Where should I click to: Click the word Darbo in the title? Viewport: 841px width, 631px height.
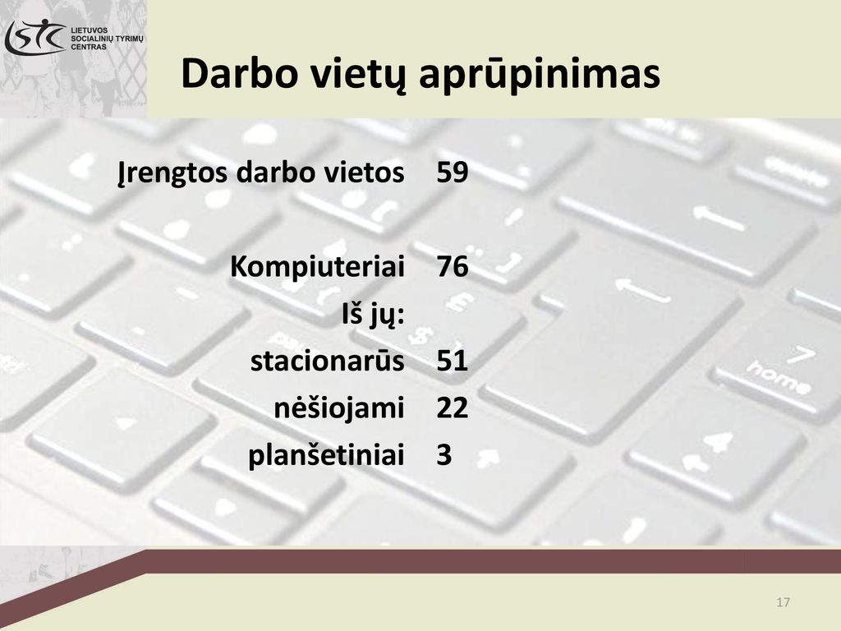pos(239,73)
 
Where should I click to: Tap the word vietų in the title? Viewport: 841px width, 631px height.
pos(357,75)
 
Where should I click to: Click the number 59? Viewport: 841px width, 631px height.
pos(453,173)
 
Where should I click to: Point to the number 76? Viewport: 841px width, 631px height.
pos(453,267)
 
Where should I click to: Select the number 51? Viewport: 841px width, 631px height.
pos(453,361)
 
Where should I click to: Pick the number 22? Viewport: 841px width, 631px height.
pos(453,408)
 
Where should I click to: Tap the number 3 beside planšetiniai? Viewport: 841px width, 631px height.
pos(444,455)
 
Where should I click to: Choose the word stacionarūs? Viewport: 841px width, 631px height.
pos(327,360)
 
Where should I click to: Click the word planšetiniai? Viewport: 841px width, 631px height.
pos(326,456)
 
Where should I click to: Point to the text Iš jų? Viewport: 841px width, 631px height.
pos(373,315)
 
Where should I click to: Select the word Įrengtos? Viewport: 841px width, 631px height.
pos(172,173)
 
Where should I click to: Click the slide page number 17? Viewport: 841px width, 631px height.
pos(783,602)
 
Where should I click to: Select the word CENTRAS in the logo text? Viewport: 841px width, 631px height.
pos(89,47)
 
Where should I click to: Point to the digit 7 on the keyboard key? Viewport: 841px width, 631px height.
pos(802,355)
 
